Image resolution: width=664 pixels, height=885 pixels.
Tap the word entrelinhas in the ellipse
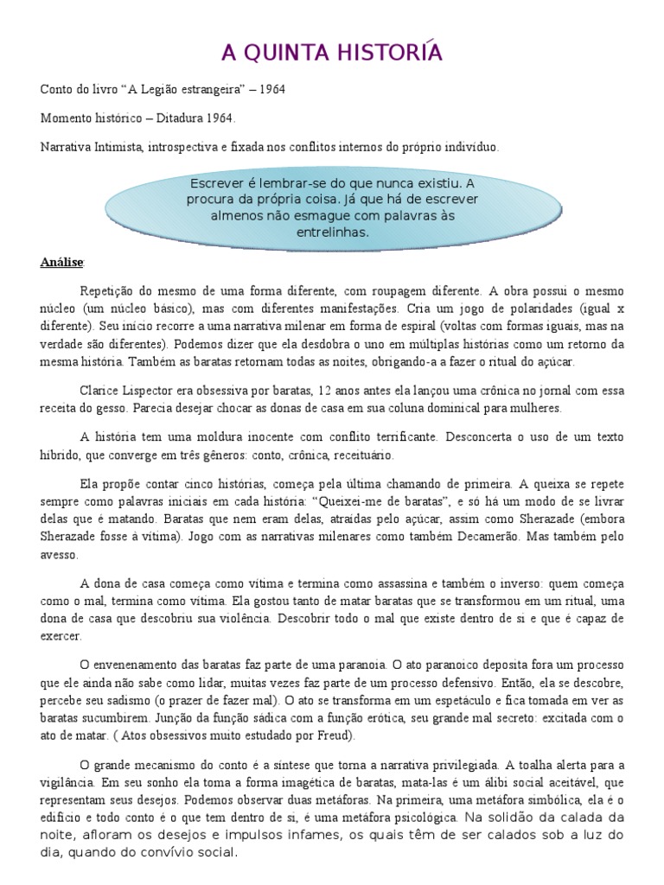click(332, 232)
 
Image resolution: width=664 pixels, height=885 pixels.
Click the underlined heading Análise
click(63, 261)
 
